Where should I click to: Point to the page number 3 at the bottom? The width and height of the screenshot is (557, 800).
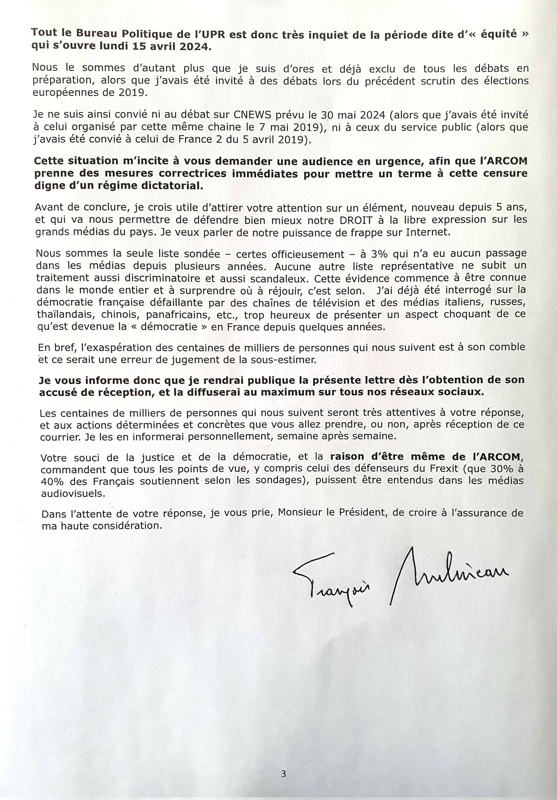click(284, 773)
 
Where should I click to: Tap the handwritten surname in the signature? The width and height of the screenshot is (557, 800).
click(448, 573)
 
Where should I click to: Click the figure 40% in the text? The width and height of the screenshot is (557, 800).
click(52, 481)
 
